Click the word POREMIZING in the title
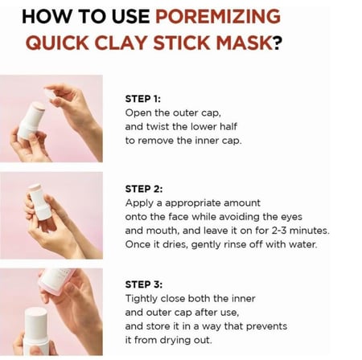[x=218, y=16]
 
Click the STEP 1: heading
[x=143, y=99]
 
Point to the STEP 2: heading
[x=144, y=189]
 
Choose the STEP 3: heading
[x=144, y=284]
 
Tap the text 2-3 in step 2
[x=279, y=231]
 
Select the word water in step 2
[x=303, y=244]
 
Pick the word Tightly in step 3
[x=142, y=299]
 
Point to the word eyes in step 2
[x=291, y=217]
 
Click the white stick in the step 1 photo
[x=31, y=121]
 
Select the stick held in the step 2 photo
[x=40, y=202]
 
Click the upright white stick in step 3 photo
[x=36, y=331]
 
